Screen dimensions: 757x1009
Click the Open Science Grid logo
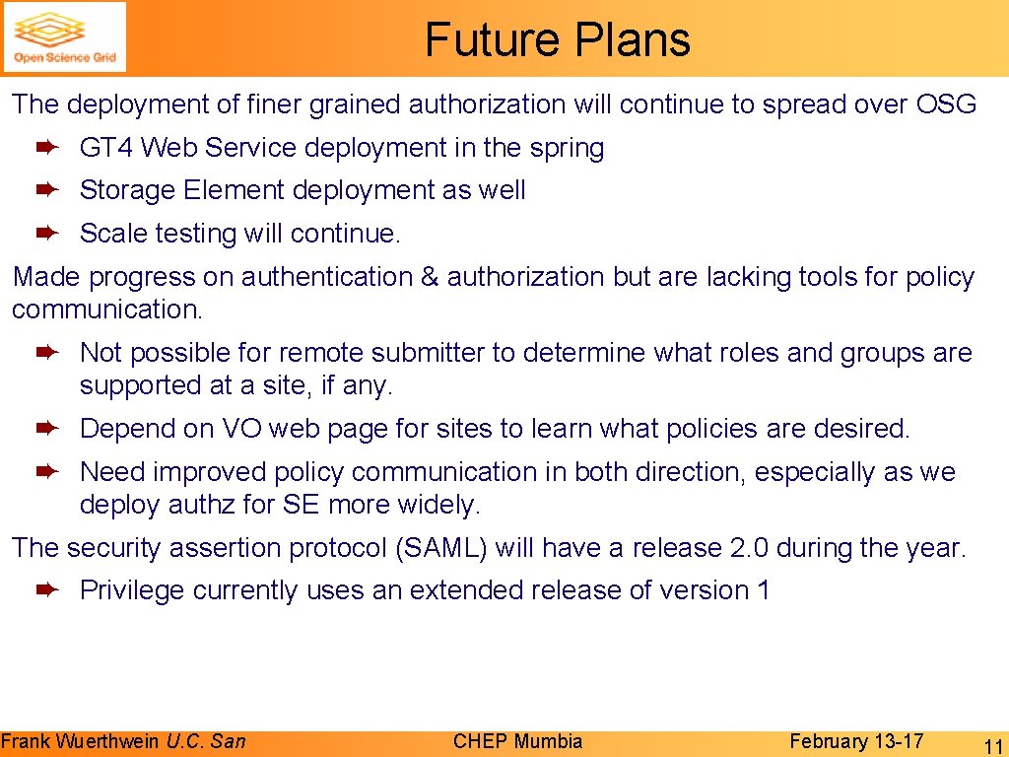pyautogui.click(x=65, y=37)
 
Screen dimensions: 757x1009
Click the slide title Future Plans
pyautogui.click(x=558, y=39)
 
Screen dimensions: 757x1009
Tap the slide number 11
pyautogui.click(x=992, y=745)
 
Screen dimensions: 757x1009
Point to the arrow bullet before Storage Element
pyautogui.click(x=48, y=189)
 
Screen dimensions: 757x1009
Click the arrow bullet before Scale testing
pyautogui.click(x=48, y=233)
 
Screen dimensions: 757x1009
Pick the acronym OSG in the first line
pyautogui.click(x=946, y=103)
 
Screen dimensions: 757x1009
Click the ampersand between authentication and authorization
pyautogui.click(x=430, y=278)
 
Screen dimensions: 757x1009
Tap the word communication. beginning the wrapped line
pyautogui.click(x=107, y=310)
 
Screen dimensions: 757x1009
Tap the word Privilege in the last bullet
pyautogui.click(x=132, y=590)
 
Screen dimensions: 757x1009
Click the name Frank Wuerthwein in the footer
pyautogui.click(x=81, y=741)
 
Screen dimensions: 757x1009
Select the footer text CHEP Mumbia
pyautogui.click(x=517, y=741)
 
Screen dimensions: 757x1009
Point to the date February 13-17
pyautogui.click(x=856, y=741)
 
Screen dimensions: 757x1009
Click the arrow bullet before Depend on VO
pyautogui.click(x=48, y=429)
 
